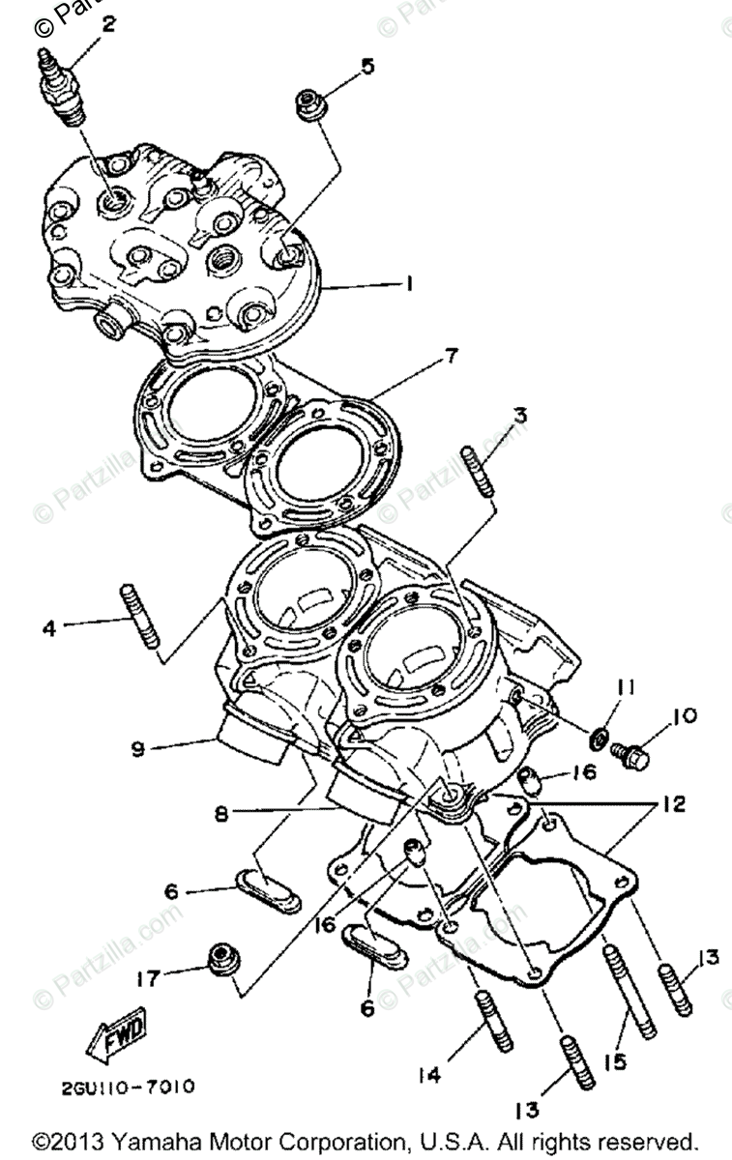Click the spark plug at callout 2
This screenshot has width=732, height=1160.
pyautogui.click(x=59, y=87)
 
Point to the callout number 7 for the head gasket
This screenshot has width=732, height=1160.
pyautogui.click(x=451, y=356)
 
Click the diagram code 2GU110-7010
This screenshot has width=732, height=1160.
pyautogui.click(x=116, y=1087)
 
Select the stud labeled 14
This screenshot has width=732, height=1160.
pyautogui.click(x=491, y=1021)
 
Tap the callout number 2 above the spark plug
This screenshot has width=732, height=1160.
pyautogui.click(x=108, y=24)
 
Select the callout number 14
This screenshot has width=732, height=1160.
pyautogui.click(x=431, y=1075)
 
